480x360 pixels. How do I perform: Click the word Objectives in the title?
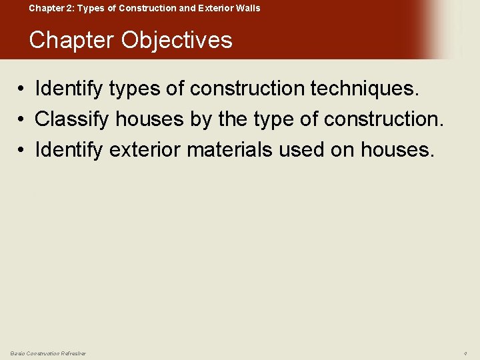pyautogui.click(x=177, y=41)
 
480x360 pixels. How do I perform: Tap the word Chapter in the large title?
pyautogui.click(x=71, y=41)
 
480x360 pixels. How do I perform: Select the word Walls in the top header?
pyautogui.click(x=247, y=9)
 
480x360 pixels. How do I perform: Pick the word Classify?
pyautogui.click(x=72, y=120)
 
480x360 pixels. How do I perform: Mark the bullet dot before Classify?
pyautogui.click(x=22, y=120)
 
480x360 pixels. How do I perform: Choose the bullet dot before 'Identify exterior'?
pyautogui.click(x=22, y=150)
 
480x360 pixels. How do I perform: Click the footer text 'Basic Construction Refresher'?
pyautogui.click(x=48, y=353)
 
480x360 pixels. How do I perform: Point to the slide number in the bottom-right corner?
pyautogui.click(x=465, y=353)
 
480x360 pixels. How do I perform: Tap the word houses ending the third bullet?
pyautogui.click(x=397, y=149)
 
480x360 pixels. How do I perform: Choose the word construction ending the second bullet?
pyautogui.click(x=383, y=120)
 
